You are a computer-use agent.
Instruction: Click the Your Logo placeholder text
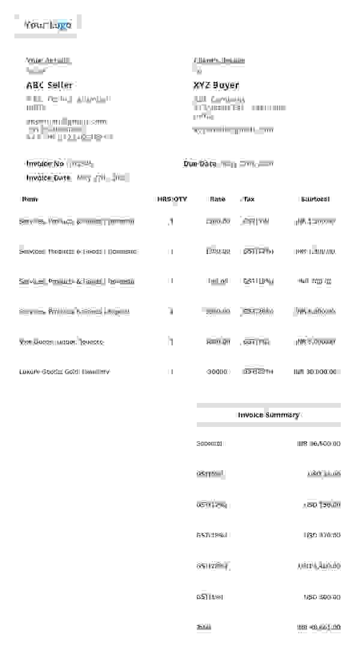tap(48, 25)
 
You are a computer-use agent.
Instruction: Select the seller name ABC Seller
tap(49, 85)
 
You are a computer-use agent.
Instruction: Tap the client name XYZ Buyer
tap(216, 85)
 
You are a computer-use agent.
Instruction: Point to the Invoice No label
tap(45, 164)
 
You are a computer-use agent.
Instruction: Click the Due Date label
tap(200, 164)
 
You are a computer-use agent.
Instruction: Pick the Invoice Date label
tap(49, 177)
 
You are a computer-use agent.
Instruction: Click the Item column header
tap(30, 199)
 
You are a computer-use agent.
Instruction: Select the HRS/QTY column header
tap(172, 199)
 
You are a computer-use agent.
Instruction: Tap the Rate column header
tap(218, 199)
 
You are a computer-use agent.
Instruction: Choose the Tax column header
tap(249, 199)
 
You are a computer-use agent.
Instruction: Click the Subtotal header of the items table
tap(315, 199)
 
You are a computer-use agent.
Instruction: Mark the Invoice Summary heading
tap(268, 415)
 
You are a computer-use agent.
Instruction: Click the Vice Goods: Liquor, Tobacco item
tap(61, 342)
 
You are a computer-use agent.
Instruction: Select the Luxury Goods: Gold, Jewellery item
tap(64, 372)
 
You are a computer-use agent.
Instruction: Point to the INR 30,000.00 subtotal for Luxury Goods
tap(315, 372)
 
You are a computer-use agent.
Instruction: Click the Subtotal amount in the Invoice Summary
tap(319, 444)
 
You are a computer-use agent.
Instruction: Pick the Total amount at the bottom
tap(319, 627)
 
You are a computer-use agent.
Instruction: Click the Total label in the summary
tap(203, 627)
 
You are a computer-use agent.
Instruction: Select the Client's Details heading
tap(219, 61)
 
